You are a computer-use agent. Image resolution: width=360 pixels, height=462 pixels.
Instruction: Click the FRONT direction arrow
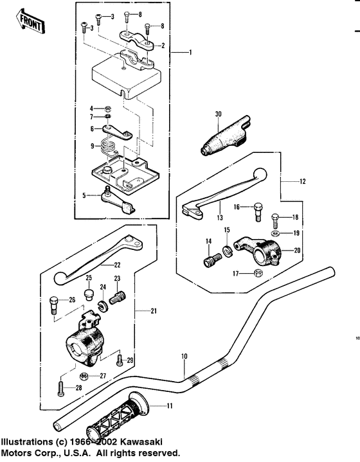(x=30, y=21)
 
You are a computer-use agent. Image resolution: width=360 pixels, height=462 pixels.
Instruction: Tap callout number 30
(x=218, y=114)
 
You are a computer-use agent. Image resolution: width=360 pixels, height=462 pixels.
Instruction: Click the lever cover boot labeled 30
(x=225, y=135)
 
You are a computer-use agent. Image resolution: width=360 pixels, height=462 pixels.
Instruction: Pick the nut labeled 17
(x=258, y=273)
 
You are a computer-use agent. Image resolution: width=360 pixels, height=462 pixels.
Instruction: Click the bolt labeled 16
(x=258, y=211)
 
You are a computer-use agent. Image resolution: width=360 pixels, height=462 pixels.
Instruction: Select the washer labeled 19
(x=276, y=234)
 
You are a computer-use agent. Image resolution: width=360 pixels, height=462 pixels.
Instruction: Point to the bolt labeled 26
(x=53, y=305)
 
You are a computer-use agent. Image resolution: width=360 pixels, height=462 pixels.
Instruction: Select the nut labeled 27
(x=84, y=377)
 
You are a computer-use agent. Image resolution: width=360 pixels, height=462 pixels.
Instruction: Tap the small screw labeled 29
(x=120, y=360)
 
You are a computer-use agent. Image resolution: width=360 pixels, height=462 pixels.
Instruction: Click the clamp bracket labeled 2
(x=137, y=39)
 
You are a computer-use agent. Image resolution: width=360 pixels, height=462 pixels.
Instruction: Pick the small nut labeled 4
(x=108, y=109)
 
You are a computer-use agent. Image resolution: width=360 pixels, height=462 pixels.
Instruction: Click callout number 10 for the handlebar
(x=184, y=356)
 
